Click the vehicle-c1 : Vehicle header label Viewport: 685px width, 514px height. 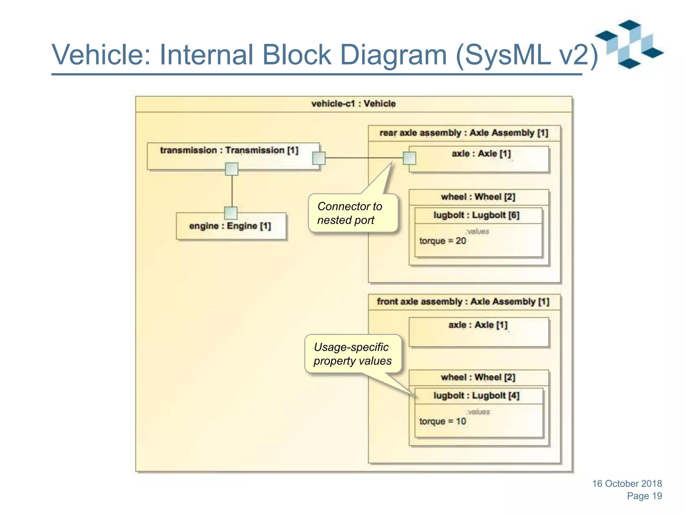(353, 104)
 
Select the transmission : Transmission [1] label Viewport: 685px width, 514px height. (229, 150)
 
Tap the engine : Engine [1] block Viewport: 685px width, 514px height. (231, 226)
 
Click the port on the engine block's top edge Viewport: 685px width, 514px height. (231, 213)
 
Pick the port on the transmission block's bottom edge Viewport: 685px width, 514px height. (232, 169)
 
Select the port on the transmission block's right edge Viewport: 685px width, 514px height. (319, 158)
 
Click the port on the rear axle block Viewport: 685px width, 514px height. (409, 158)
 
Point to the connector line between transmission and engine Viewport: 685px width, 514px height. (232, 191)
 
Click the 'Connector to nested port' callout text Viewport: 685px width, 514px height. (350, 213)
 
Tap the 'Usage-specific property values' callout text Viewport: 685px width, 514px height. (352, 354)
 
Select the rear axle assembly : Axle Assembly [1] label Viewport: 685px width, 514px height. (464, 133)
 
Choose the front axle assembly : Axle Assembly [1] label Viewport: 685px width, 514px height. (463, 302)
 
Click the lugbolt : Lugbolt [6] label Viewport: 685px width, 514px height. (477, 215)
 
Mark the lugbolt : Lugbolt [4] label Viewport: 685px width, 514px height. (477, 396)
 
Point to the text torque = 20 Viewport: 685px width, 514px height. (443, 241)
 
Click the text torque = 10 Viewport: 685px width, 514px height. (443, 421)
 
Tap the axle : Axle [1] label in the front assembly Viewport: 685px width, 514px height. (478, 325)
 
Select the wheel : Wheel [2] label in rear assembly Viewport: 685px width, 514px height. (478, 197)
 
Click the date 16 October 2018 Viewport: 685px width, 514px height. (627, 484)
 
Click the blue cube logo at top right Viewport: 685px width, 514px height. (629, 44)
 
